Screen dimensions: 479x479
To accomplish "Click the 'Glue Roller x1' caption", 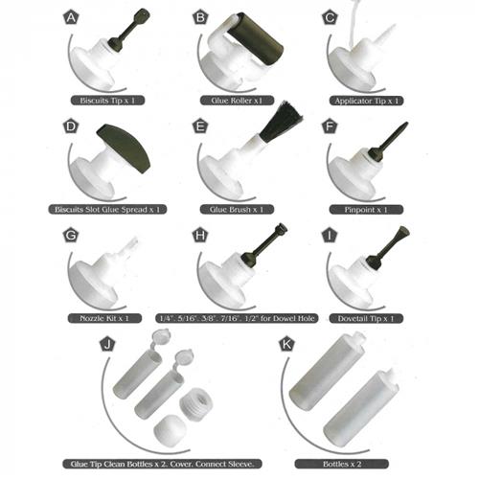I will pos(236,100).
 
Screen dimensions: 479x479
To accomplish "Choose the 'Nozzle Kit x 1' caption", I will pos(105,316).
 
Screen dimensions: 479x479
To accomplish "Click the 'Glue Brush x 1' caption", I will pos(236,208).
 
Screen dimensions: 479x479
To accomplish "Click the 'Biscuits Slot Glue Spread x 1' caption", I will pos(105,208).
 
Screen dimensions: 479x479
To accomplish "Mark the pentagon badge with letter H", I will pos(200,234).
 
